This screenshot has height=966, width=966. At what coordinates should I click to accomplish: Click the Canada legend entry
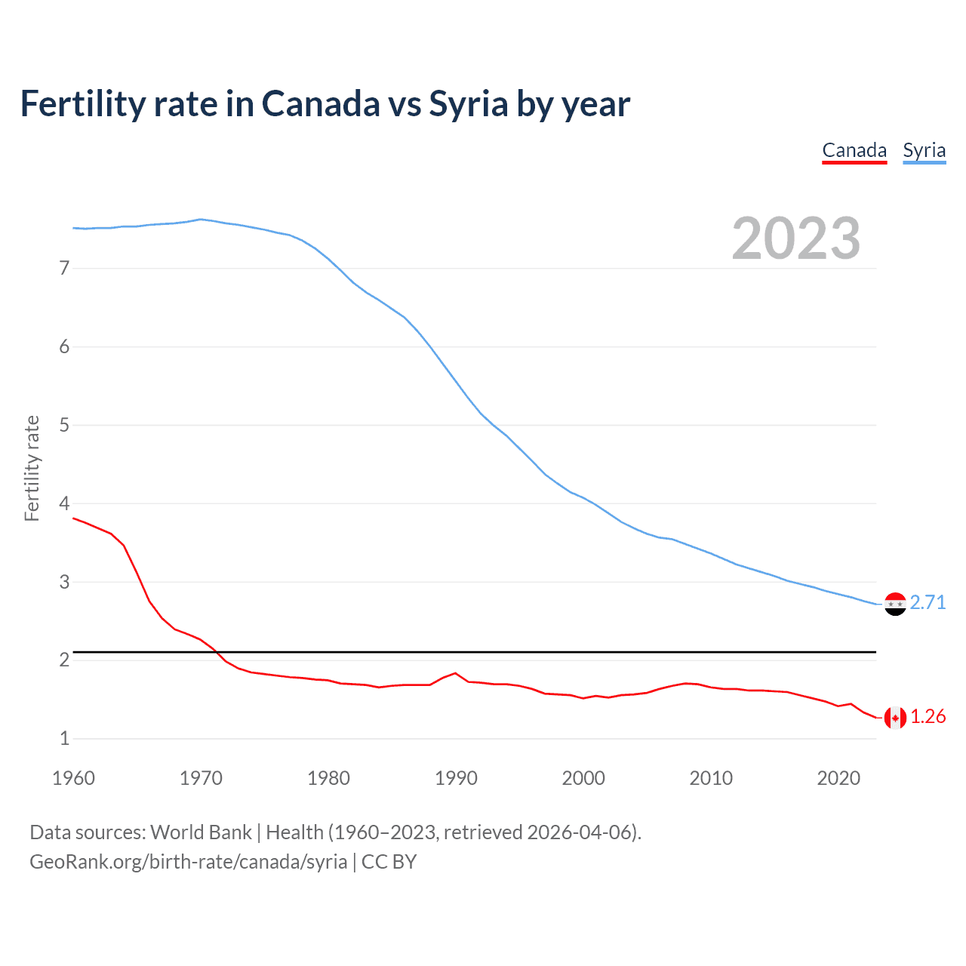(854, 150)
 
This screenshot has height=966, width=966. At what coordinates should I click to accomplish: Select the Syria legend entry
(924, 150)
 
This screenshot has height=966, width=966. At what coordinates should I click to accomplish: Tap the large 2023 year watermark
(796, 238)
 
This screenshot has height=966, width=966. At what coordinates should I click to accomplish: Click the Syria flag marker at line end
(895, 604)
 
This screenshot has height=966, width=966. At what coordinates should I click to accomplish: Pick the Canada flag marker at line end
(895, 718)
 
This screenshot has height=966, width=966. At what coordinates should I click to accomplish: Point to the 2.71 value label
(928, 602)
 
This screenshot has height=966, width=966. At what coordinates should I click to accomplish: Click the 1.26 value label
(928, 716)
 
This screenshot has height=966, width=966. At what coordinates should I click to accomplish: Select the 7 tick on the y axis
(64, 268)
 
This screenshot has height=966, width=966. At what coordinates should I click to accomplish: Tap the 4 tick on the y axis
(64, 503)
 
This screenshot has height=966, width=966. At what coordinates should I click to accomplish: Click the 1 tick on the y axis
(64, 738)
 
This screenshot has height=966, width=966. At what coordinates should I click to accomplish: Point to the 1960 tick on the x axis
(73, 778)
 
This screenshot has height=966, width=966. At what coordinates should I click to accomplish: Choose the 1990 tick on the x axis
(456, 778)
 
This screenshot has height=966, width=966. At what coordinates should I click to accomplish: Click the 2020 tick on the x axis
(838, 778)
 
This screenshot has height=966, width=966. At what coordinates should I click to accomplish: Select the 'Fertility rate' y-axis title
(32, 468)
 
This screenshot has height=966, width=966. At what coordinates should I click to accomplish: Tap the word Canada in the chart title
(321, 104)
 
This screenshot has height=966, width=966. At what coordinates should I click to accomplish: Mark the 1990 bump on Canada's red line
(455, 673)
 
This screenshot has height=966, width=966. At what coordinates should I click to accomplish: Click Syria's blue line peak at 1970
(200, 220)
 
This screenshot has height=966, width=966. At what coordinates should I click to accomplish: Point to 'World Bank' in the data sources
(201, 832)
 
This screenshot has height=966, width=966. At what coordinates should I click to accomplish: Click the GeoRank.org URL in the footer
(188, 862)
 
